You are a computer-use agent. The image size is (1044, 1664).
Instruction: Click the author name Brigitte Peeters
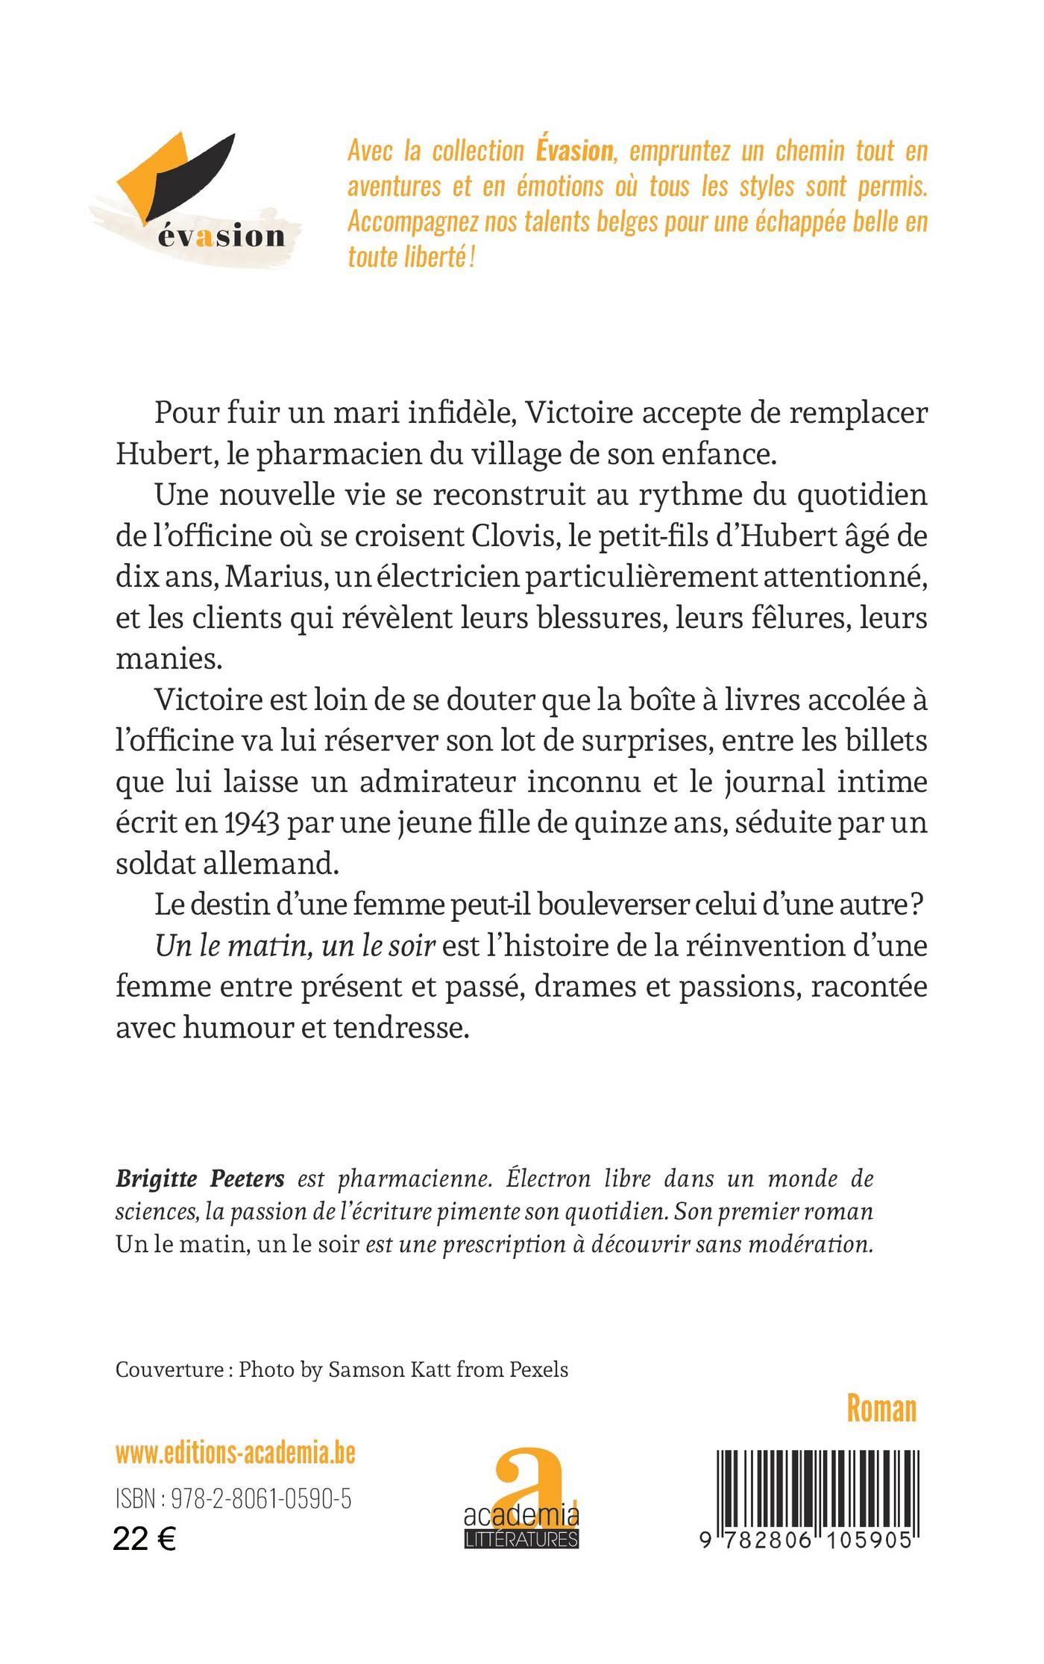point(200,1179)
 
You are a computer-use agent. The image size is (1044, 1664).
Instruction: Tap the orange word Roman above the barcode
point(881,1408)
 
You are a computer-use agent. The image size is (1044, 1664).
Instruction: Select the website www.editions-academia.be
point(235,1453)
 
